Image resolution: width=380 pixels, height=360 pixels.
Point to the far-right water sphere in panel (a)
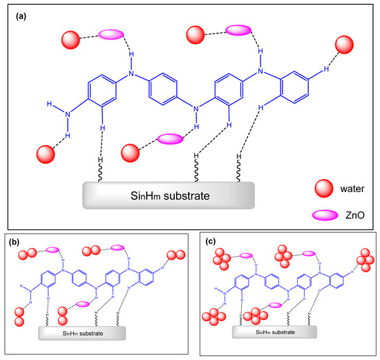(x=345, y=46)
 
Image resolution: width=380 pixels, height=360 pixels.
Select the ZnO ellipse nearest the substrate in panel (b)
(x=82, y=304)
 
